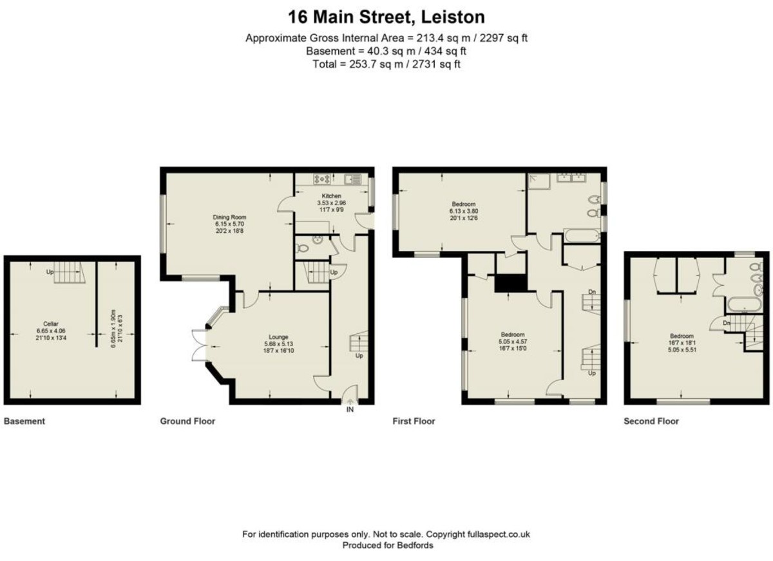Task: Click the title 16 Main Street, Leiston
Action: click(x=386, y=16)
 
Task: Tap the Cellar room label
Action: click(x=51, y=324)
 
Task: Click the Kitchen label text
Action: click(x=332, y=196)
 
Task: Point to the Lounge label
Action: click(x=278, y=336)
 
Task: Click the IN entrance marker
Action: click(x=350, y=409)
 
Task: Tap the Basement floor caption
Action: click(x=24, y=421)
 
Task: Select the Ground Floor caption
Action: click(x=187, y=421)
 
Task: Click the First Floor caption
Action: click(x=414, y=421)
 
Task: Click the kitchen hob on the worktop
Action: click(x=320, y=179)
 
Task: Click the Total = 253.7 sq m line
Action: click(x=386, y=64)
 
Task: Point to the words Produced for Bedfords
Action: click(x=386, y=545)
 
